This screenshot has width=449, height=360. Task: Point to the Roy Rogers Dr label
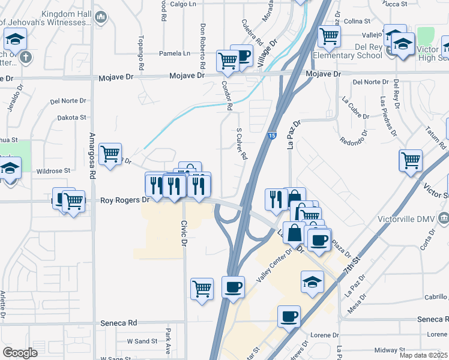coord(124,200)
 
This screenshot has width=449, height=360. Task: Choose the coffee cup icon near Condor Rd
coord(242,56)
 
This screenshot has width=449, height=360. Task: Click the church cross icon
coord(25,58)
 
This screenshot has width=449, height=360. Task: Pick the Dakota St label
coord(72,118)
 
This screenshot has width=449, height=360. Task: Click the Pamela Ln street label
coord(174,53)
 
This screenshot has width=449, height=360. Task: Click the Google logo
coord(20,353)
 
